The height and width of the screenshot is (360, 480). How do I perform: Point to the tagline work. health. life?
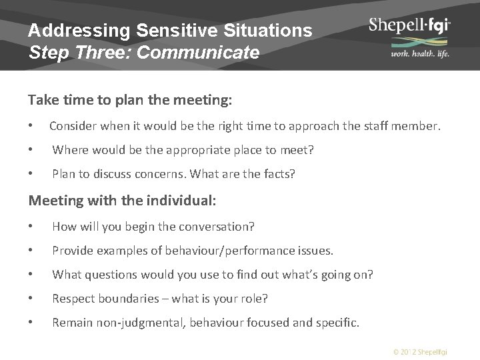(x=411, y=54)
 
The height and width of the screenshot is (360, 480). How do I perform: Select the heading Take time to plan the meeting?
(x=130, y=100)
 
